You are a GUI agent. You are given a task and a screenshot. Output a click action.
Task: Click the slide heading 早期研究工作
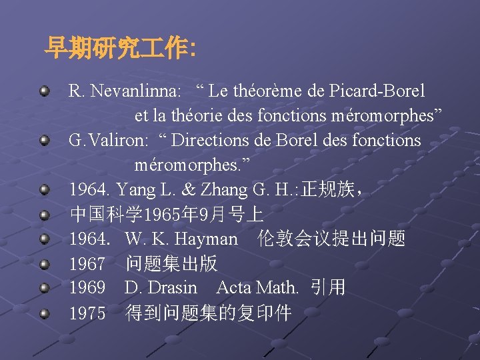[x=119, y=48]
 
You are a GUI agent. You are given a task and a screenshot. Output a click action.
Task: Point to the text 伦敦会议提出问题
[x=331, y=239]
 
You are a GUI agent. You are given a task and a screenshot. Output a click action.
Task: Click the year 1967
[x=87, y=263]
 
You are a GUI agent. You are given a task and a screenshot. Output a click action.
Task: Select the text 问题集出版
[x=171, y=263]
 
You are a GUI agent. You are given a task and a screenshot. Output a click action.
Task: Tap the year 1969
[x=87, y=288]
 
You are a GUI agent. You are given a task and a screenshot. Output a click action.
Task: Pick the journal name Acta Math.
[x=257, y=288]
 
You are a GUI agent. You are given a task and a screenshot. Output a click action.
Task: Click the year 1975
[x=87, y=313]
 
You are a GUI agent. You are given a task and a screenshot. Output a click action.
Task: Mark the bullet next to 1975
[x=45, y=313]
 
